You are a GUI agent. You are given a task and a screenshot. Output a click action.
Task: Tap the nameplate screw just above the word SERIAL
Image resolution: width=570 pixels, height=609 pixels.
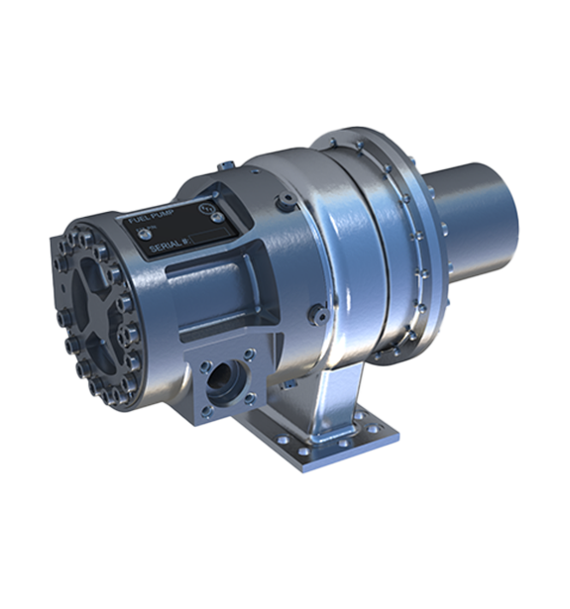143,235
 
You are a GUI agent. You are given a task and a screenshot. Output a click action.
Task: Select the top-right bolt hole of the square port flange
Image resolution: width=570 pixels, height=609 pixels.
248,359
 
